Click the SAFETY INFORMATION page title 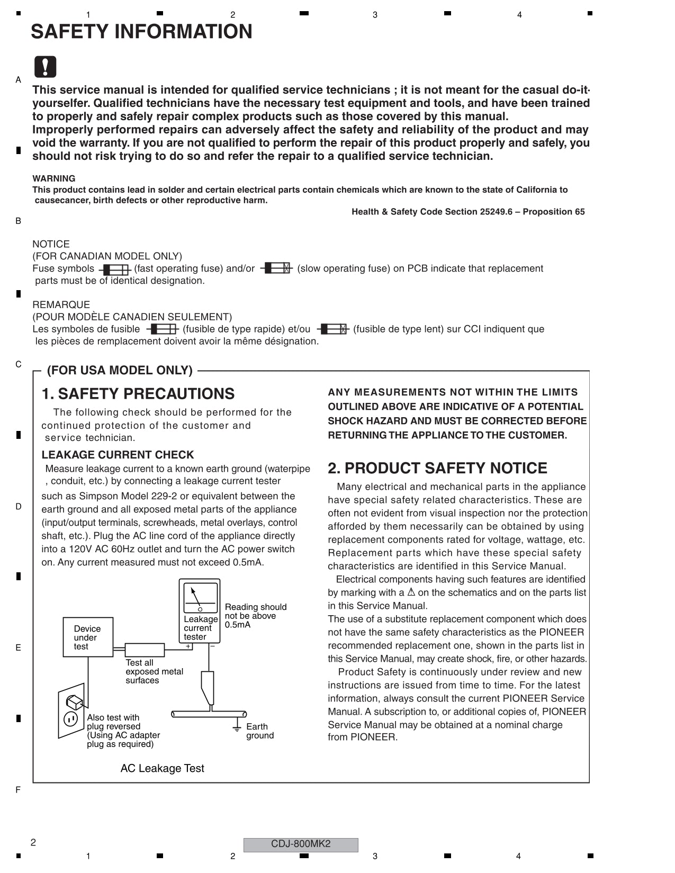click(x=141, y=32)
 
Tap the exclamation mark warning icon click(x=45, y=67)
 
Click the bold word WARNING click(x=53, y=178)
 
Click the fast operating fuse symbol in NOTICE click(x=114, y=269)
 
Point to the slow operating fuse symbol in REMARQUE click(x=333, y=329)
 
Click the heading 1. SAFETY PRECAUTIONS click(x=138, y=394)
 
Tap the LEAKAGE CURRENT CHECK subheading click(x=118, y=455)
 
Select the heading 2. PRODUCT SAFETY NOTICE click(x=437, y=468)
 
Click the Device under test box click(x=88, y=637)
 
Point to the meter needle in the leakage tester click(x=195, y=597)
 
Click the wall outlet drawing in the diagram click(x=71, y=710)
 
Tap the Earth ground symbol click(x=237, y=730)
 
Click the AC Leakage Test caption click(x=162, y=768)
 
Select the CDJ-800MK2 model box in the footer click(x=301, y=844)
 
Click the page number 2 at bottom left click(x=33, y=842)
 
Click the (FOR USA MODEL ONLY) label click(x=120, y=370)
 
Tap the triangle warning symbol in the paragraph click(x=411, y=592)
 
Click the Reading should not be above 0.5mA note click(x=255, y=616)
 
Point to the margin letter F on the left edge click(x=19, y=790)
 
